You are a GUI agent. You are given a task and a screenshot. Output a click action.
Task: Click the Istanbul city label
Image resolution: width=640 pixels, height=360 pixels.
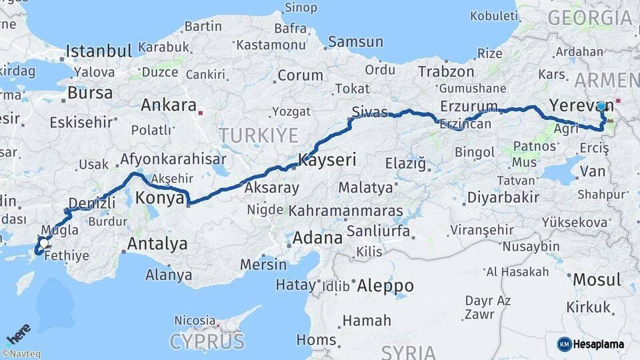(99, 51)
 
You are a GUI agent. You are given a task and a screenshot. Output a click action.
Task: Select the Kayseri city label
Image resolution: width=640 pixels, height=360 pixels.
(327, 160)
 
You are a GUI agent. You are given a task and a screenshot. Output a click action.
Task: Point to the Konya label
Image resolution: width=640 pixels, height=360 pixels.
(159, 197)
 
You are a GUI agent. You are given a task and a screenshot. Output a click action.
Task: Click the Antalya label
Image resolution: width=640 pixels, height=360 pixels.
(157, 243)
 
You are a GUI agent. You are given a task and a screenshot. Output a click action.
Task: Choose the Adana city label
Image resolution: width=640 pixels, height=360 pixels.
(317, 237)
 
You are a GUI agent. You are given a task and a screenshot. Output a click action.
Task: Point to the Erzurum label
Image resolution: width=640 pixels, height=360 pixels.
(469, 106)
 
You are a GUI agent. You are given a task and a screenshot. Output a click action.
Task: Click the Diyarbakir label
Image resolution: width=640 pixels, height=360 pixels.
(503, 197)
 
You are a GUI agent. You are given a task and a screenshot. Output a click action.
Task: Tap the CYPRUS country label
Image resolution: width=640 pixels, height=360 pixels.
(207, 341)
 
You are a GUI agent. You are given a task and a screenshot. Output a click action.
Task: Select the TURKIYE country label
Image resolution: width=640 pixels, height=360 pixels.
(259, 135)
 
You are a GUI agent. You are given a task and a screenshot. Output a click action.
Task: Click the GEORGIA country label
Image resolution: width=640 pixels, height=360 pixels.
(589, 18)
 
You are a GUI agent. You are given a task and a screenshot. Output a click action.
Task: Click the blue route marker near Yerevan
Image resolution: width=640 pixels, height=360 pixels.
(601, 106)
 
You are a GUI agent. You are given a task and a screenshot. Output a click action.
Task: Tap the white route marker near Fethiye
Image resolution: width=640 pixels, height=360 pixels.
(43, 244)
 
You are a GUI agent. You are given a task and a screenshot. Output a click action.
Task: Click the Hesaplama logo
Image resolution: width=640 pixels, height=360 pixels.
(591, 344)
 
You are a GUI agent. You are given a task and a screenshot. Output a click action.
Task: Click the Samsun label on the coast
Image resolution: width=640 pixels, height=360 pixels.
(355, 41)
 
